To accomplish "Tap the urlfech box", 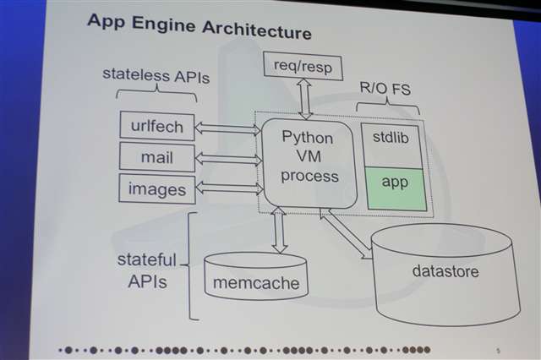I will [157, 126].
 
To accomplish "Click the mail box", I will [157, 156].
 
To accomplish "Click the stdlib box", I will [390, 138].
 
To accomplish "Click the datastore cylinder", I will [445, 271].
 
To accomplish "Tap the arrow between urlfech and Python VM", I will [227, 128].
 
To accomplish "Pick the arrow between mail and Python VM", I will [227, 157].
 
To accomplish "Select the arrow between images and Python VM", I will [227, 188].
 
